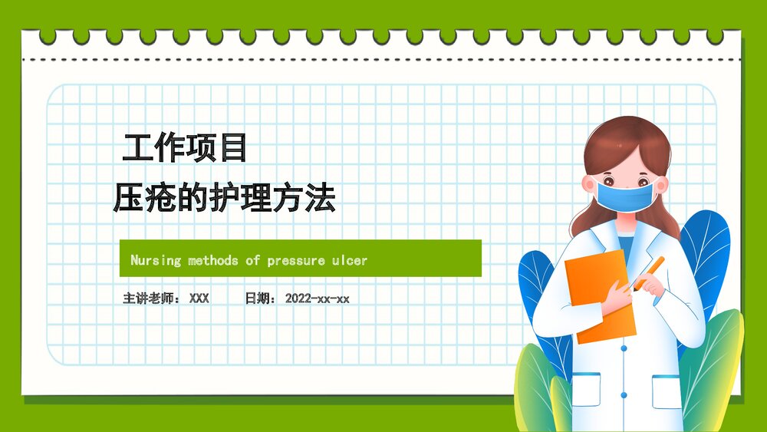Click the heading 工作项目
click(185, 148)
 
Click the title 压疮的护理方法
click(224, 198)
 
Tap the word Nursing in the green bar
click(156, 260)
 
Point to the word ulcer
click(349, 260)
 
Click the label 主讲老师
click(150, 298)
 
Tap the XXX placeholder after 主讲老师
click(199, 298)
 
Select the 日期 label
click(258, 298)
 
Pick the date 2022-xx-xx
click(317, 298)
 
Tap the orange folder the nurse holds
click(599, 295)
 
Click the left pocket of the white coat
click(587, 389)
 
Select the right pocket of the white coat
click(666, 391)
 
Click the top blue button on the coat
click(623, 348)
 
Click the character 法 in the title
click(322, 198)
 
